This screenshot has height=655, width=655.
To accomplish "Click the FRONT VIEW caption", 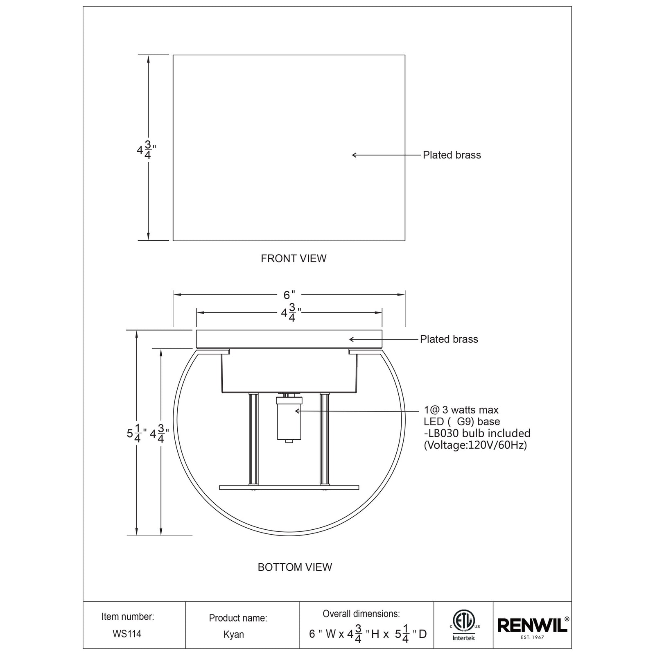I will (294, 258).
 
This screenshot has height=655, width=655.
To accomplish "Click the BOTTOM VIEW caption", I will (295, 567).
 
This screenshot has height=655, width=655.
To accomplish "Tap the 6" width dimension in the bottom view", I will (289, 295).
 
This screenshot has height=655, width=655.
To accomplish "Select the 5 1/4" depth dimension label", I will (133, 434).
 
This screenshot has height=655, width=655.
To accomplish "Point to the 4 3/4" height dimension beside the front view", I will (146, 150).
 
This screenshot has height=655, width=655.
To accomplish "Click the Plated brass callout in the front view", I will (452, 155).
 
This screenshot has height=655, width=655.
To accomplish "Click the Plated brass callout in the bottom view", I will (449, 339).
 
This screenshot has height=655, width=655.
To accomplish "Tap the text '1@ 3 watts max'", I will (461, 410).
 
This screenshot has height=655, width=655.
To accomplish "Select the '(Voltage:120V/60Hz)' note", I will (475, 445).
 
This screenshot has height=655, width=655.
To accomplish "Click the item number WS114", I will (127, 634).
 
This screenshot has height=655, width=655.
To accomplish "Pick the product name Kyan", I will (234, 635).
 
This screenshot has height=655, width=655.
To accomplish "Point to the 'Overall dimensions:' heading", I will (361, 614).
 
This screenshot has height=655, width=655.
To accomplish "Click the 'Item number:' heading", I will (128, 617).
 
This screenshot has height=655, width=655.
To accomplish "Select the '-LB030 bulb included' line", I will (477, 433).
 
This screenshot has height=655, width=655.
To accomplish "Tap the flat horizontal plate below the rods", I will (289, 487).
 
